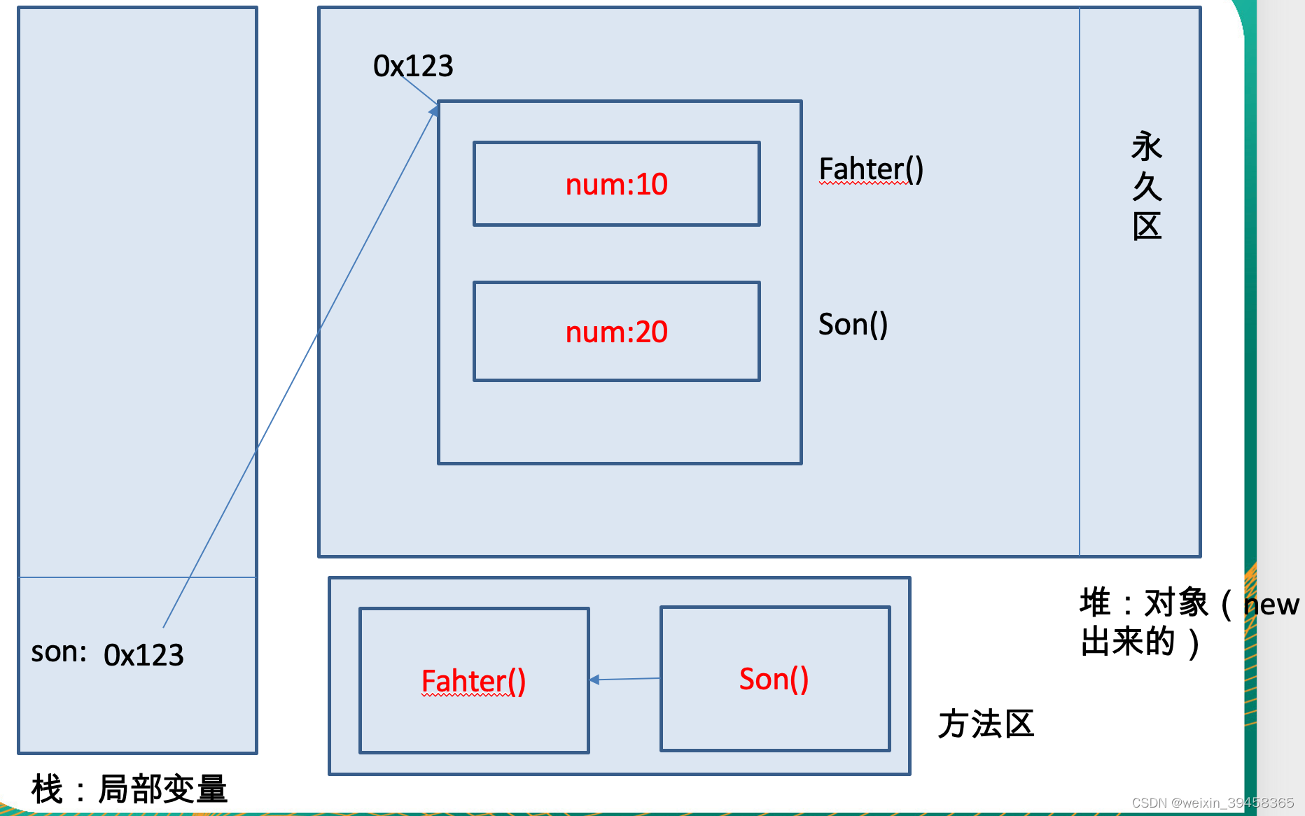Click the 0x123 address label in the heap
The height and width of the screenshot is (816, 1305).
point(413,66)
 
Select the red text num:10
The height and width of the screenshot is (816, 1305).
point(616,185)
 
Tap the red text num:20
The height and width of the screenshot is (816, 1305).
point(616,332)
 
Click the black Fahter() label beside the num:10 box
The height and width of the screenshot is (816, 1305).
point(871,169)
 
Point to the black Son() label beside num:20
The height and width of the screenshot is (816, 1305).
point(853,325)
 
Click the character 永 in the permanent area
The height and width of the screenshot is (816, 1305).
point(1147,147)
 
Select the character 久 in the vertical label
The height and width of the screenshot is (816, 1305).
point(1147,187)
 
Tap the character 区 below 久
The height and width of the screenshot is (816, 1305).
point(1147,227)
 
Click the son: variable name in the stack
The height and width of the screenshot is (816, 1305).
point(59,652)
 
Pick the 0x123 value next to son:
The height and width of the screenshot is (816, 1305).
point(144,655)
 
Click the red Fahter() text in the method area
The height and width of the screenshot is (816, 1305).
point(473,681)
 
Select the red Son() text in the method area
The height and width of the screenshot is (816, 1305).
point(774,679)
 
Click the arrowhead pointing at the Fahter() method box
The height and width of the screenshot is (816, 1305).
point(594,680)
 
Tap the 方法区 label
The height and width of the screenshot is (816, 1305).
point(986,724)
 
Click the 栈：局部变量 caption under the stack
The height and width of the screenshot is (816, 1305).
point(130,789)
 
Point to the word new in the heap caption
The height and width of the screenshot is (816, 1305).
point(1272,605)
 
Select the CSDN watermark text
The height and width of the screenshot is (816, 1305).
point(1213,803)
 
